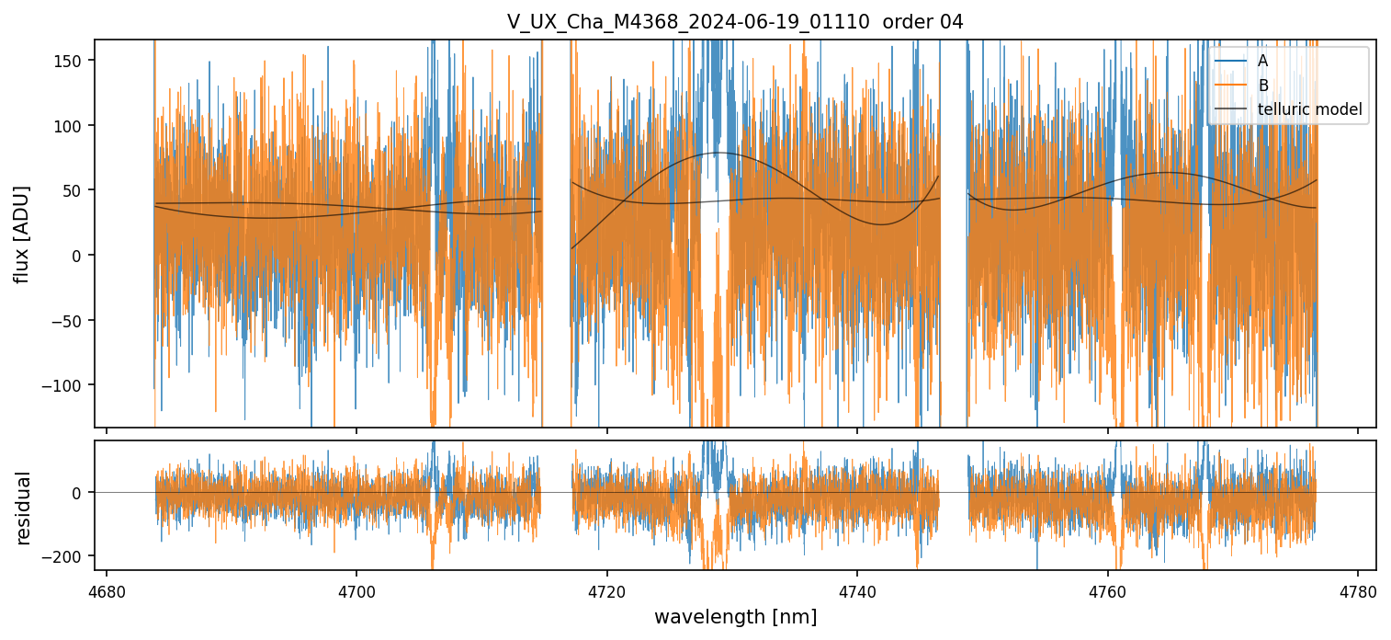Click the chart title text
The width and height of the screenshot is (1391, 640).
(734, 22)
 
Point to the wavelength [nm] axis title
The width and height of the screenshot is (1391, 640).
(734, 617)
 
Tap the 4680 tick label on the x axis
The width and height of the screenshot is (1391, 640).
(107, 592)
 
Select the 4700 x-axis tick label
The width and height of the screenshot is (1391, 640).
(356, 592)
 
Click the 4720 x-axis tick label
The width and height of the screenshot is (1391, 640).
(607, 592)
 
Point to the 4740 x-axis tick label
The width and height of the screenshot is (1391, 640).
(857, 592)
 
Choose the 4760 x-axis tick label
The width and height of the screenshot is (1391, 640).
(1108, 592)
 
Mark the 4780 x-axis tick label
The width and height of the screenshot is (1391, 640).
(1358, 592)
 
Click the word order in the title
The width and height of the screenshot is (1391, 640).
(905, 22)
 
